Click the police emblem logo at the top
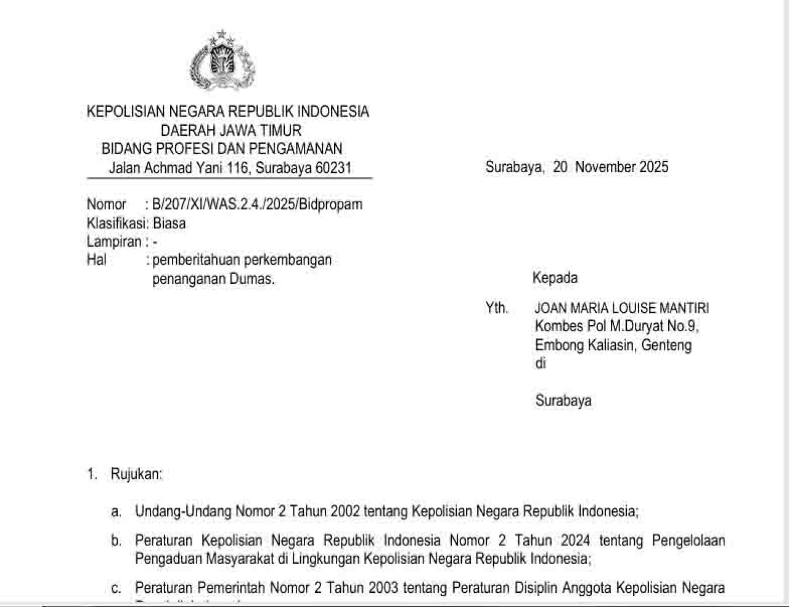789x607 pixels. [223, 61]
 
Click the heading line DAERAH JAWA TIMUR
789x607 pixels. [231, 130]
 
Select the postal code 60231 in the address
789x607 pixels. [333, 168]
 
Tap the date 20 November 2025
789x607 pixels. [610, 167]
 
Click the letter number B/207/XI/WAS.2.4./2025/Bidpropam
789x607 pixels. [257, 204]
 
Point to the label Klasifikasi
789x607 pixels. [116, 223]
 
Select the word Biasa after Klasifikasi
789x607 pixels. [169, 223]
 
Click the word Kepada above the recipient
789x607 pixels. [555, 278]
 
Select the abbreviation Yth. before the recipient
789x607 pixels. [496, 308]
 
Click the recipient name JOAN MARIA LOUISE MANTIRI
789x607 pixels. [621, 308]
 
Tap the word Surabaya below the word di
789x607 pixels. [563, 401]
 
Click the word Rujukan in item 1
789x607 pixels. [136, 474]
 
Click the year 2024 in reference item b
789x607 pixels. [575, 541]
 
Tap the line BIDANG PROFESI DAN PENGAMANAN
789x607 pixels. [222, 149]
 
